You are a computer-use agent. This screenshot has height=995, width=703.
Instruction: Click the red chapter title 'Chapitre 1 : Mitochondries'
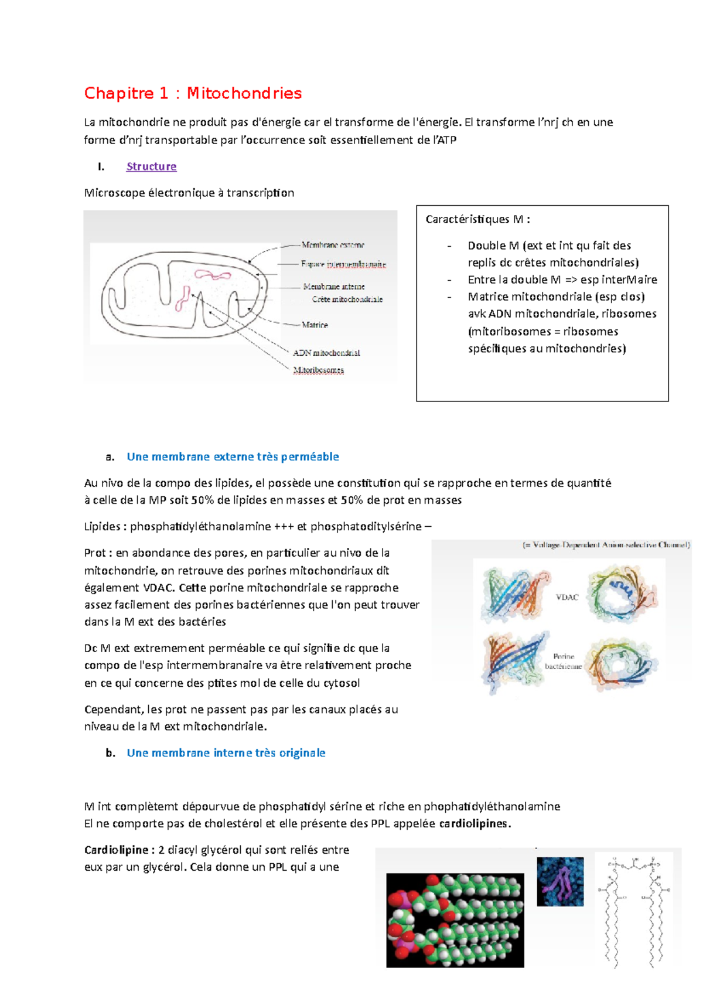pos(193,93)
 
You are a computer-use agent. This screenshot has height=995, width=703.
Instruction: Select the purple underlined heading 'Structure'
pos(151,166)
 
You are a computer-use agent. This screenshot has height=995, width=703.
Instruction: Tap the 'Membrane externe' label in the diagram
pos(332,245)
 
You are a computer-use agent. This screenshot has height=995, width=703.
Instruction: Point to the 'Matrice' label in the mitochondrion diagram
pos(315,325)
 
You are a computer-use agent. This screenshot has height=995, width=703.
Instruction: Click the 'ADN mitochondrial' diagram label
pos(326,353)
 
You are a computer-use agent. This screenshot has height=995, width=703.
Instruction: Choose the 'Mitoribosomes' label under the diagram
pos(319,370)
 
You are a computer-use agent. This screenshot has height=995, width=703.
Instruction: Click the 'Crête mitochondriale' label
pos(347,299)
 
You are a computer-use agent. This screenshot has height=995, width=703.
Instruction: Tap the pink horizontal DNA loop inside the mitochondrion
pos(213,274)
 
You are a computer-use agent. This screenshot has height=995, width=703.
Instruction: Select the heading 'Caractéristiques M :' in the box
pos(477,219)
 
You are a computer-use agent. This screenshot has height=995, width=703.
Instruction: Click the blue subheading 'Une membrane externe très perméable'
pos(233,456)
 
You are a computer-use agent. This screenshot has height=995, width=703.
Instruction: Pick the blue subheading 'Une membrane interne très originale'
pos(226,753)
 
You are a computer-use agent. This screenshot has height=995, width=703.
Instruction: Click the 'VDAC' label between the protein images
pos(567,597)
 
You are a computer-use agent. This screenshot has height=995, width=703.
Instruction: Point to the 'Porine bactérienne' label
pos(563,662)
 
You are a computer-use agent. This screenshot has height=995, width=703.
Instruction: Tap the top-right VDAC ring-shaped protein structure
pos(622,595)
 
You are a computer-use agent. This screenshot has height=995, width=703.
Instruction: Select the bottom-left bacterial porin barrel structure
pos(514,661)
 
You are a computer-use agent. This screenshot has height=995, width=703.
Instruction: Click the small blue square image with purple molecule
pos(560,881)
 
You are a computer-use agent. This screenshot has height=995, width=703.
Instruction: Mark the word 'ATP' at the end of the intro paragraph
pos(446,140)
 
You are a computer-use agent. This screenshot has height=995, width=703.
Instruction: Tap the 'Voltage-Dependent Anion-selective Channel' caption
pos(606,545)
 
